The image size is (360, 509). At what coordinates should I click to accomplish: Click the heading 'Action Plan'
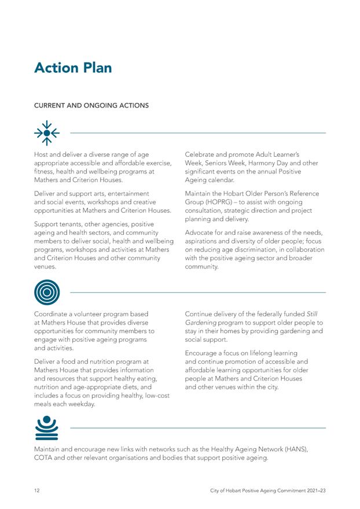(x=73, y=68)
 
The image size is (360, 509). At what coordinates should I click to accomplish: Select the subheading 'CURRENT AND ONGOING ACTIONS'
(x=91, y=106)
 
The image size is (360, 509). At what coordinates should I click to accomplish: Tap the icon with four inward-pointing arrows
(x=47, y=133)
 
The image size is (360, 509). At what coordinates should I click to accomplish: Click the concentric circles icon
(x=47, y=292)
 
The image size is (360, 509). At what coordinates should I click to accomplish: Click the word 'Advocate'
(x=200, y=233)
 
